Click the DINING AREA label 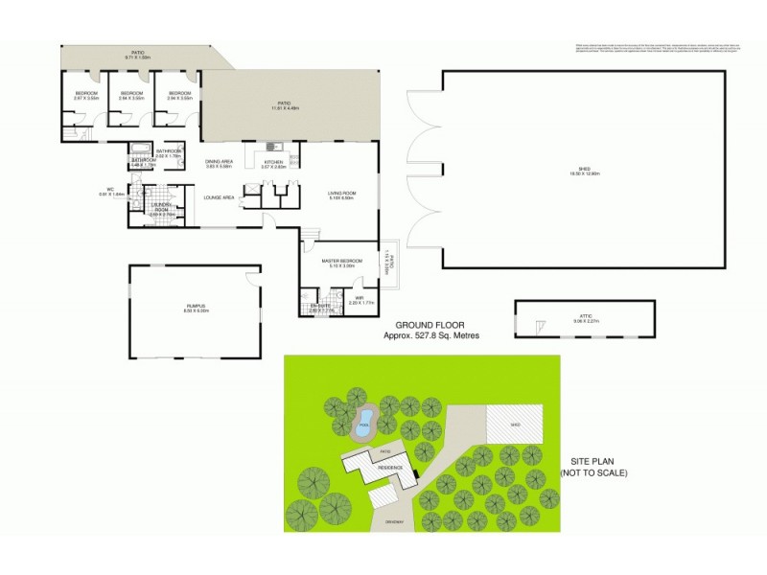coord(220,163)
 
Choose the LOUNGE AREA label coord(220,197)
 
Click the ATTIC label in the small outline coord(586,315)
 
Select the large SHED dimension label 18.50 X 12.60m coord(585,172)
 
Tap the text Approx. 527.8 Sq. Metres coord(431,336)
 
